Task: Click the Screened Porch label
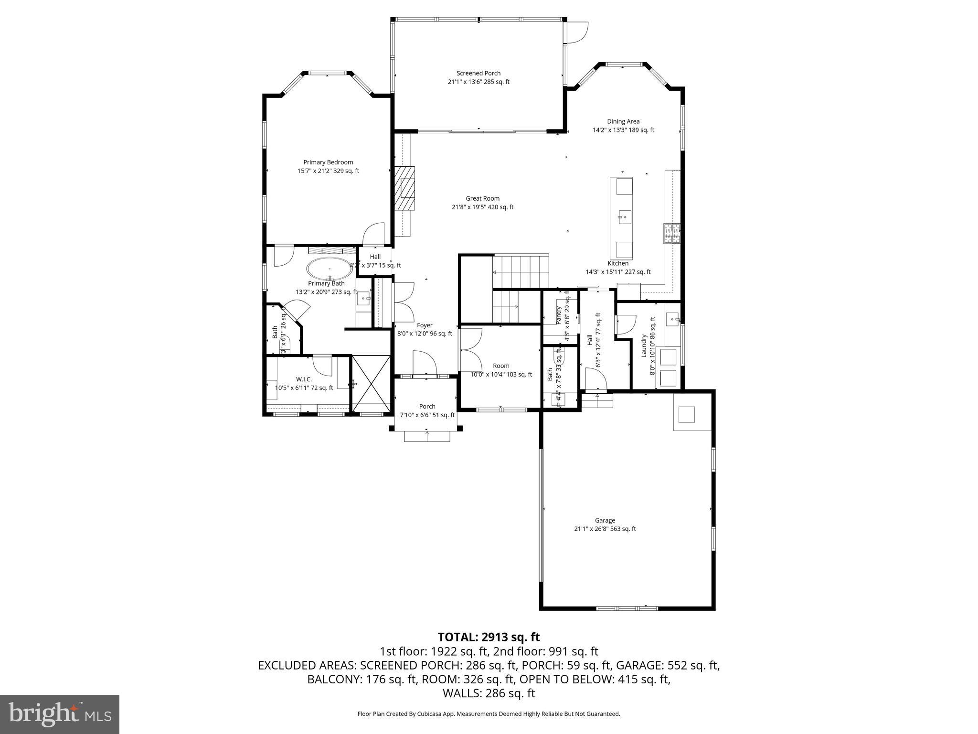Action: click(x=478, y=73)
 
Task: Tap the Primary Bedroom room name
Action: click(x=328, y=162)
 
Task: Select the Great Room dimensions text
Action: click(x=482, y=207)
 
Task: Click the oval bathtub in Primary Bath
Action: click(x=330, y=269)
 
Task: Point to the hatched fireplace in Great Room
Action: click(x=404, y=188)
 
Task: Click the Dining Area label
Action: click(x=623, y=121)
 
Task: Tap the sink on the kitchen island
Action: click(x=624, y=217)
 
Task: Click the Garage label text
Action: click(x=605, y=520)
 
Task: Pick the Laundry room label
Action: click(x=644, y=345)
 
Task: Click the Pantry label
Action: click(x=559, y=316)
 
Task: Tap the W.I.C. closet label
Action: click(x=304, y=379)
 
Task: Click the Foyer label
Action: click(x=425, y=325)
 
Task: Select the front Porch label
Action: click(x=427, y=406)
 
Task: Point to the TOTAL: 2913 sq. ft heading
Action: click(x=489, y=637)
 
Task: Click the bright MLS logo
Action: click(x=60, y=714)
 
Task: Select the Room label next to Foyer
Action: click(x=501, y=366)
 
